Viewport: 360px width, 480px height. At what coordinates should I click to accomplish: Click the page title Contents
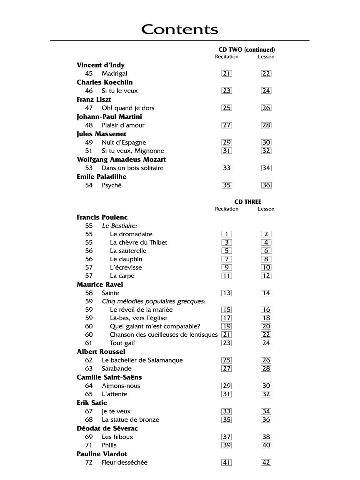[180, 30]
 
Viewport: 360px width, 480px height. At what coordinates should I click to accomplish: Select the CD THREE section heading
[247, 202]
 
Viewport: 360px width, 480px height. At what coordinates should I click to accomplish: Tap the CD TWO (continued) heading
[247, 50]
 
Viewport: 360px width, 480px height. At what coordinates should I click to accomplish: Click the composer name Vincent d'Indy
[100, 65]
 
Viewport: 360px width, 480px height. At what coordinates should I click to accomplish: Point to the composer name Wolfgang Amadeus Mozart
[121, 160]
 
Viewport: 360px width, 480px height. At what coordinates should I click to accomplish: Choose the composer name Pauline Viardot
[102, 454]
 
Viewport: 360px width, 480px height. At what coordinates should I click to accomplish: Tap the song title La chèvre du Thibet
[138, 242]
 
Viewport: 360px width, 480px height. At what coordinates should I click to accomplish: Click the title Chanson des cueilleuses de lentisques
[164, 335]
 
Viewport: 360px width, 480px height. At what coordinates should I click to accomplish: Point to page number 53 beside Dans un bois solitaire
[89, 168]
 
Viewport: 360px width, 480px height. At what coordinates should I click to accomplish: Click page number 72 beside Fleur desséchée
[89, 462]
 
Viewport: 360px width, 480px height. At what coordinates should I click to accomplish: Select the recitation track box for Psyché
[227, 185]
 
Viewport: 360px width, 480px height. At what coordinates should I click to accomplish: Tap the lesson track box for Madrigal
[266, 74]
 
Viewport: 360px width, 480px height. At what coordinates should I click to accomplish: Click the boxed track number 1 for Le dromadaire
[227, 234]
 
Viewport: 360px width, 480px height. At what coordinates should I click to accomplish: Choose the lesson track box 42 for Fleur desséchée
[266, 462]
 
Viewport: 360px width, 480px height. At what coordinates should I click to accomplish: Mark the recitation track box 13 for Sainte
[227, 293]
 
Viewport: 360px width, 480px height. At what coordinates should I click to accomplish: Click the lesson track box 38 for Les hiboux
[266, 437]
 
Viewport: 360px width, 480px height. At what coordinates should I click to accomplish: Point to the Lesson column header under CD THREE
[266, 209]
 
